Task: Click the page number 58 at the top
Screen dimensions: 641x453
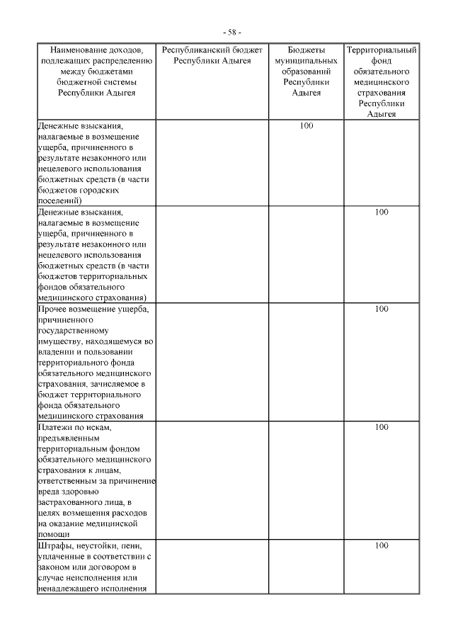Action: click(231, 33)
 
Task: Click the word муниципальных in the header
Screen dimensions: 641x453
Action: click(306, 62)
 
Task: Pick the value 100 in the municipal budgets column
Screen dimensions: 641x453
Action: click(306, 125)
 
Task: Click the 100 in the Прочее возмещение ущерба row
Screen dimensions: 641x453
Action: click(382, 309)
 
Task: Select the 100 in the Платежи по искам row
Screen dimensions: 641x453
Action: click(382, 427)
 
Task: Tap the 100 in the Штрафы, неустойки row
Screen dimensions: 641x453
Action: click(382, 545)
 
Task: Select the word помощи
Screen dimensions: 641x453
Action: click(53, 535)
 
